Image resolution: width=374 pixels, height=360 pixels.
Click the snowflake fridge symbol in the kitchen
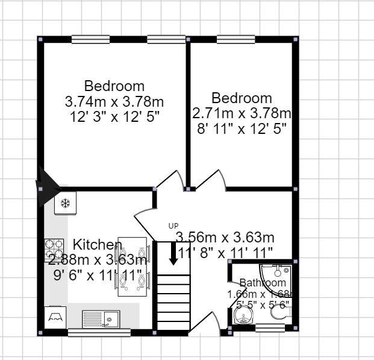[x=64, y=204]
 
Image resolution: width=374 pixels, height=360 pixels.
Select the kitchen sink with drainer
[x=101, y=318]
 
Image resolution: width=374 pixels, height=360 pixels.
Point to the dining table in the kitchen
[x=132, y=267]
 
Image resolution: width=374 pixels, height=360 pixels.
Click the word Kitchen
[x=97, y=245]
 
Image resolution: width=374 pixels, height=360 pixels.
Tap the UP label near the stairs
[x=173, y=226]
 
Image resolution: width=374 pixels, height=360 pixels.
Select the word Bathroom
[x=263, y=282]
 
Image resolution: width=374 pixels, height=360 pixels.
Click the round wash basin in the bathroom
[x=240, y=315]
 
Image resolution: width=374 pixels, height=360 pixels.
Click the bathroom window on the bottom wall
[x=270, y=328]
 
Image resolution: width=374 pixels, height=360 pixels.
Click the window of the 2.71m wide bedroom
[x=235, y=40]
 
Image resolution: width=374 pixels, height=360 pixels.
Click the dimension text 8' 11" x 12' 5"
[x=241, y=128]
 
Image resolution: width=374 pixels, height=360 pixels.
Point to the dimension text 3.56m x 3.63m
[x=225, y=237]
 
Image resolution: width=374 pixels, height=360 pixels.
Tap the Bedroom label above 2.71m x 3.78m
[x=242, y=98]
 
